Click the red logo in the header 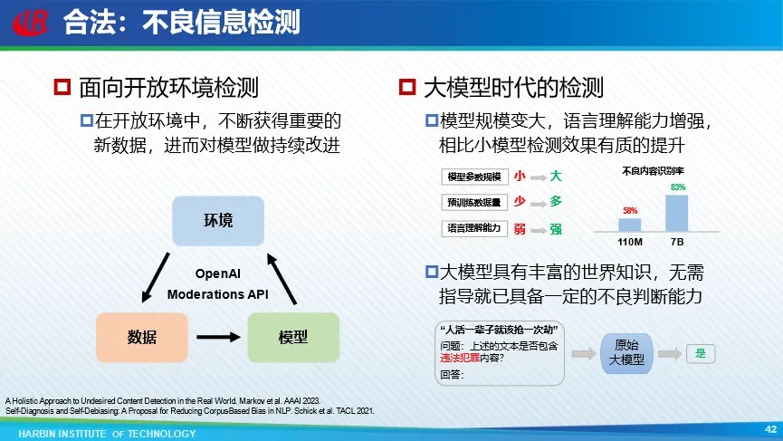tap(31, 23)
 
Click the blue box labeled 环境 tap(218, 221)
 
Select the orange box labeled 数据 tap(142, 337)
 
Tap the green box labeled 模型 tap(293, 337)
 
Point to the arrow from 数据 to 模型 tap(218, 337)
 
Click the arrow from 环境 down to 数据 tap(156, 277)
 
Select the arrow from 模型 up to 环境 tap(282, 279)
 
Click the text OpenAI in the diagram tap(218, 273)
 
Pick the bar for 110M tap(630, 225)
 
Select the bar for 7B tap(676, 214)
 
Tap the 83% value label tap(678, 187)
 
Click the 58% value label tap(630, 211)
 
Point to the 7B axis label tap(677, 242)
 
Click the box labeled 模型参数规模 tap(474, 177)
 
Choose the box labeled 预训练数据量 tap(474, 202)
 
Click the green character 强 tap(556, 229)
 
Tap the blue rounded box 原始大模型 tap(626, 353)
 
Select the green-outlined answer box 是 tap(701, 353)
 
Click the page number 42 tap(770, 429)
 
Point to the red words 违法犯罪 tap(460, 358)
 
